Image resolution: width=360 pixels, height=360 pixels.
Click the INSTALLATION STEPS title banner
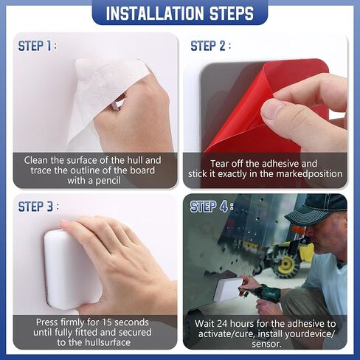(x=180, y=13)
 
